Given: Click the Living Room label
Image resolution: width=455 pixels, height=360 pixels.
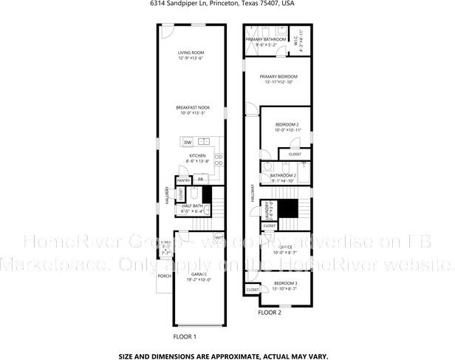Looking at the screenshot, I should [191, 53].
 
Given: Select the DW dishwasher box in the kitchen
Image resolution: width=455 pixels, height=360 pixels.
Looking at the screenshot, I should [188, 142].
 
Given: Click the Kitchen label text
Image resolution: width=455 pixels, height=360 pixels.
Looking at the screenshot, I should [197, 156].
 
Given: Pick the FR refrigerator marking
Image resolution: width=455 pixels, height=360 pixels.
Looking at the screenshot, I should [200, 180].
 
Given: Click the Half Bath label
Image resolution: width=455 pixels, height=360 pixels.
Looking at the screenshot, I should [192, 206].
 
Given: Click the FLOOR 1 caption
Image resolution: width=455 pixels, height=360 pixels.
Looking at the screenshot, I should [185, 336].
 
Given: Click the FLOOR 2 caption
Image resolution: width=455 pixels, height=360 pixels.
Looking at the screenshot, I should [269, 313].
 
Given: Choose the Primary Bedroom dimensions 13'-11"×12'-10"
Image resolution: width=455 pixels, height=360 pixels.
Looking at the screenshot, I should [279, 82].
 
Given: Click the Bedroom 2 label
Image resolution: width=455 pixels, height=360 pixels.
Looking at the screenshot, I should [287, 124].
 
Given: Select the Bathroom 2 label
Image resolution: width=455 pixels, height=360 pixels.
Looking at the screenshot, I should [283, 175].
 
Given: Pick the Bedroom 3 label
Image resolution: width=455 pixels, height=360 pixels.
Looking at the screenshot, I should [285, 283].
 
